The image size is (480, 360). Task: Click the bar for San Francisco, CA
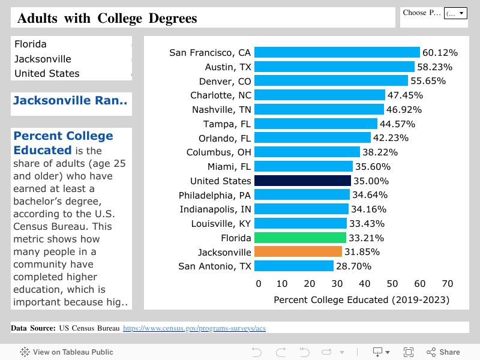coord(337,53)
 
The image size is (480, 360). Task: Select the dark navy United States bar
coord(302,181)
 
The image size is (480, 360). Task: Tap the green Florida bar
coord(300,238)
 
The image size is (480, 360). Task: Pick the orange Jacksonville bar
coord(298,252)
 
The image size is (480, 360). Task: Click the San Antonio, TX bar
coord(294,266)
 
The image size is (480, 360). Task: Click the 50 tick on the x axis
coord(392,284)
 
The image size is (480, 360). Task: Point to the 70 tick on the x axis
coord(447,284)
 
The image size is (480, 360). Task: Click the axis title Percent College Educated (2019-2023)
coord(361,299)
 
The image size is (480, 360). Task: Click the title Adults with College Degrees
coord(107,18)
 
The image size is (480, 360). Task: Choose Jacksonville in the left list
coord(43,59)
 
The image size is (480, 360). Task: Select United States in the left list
coord(47,73)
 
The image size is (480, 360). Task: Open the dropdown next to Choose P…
coord(455,13)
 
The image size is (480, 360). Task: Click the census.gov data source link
coord(194,328)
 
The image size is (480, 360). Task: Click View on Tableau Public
coord(67,352)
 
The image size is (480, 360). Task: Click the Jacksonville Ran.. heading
coord(70,101)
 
